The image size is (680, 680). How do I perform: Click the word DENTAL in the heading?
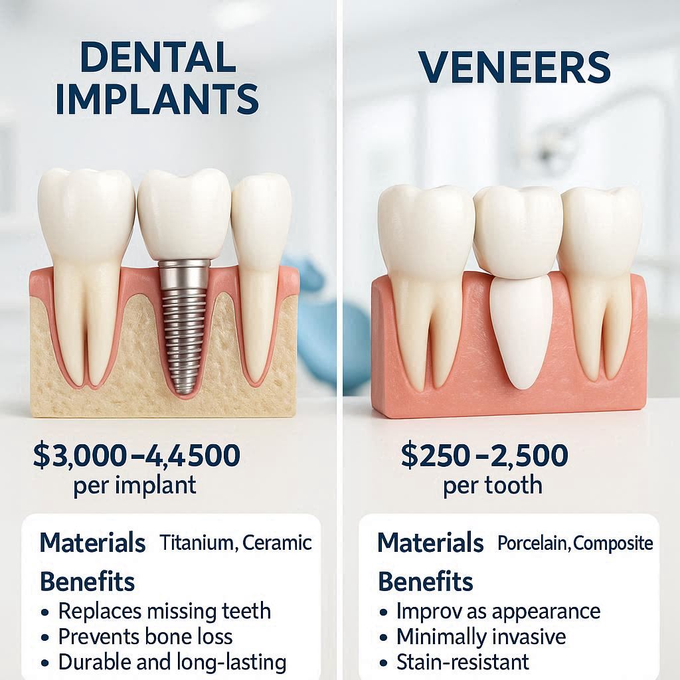(x=157, y=58)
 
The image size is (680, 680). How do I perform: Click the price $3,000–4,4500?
(x=136, y=456)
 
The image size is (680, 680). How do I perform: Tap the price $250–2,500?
(x=484, y=456)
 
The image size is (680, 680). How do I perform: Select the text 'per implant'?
(x=135, y=485)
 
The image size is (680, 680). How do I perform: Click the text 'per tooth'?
(x=492, y=485)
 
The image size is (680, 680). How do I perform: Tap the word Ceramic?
(x=277, y=543)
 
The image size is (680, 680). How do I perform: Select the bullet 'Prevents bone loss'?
(x=145, y=637)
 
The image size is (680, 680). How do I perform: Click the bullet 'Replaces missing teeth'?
(x=164, y=611)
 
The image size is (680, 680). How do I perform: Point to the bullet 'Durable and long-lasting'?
(x=172, y=662)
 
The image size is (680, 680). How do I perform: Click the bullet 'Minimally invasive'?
(x=481, y=637)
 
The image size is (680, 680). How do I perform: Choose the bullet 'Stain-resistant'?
(x=462, y=662)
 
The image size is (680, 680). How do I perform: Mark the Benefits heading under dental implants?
(x=87, y=582)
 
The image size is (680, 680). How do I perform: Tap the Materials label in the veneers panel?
(x=430, y=543)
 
